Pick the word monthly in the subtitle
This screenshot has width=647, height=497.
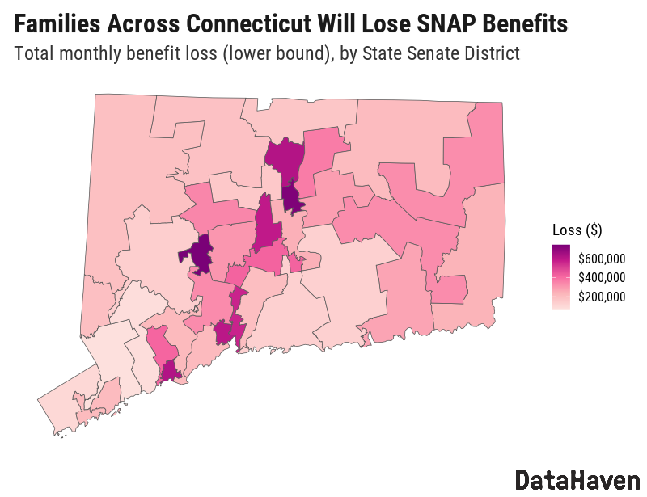tap(94, 55)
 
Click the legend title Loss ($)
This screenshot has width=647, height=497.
tap(577, 230)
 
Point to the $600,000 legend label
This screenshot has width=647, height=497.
tap(602, 259)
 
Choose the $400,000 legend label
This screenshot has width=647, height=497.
tap(602, 278)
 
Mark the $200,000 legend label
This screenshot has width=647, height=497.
tap(602, 297)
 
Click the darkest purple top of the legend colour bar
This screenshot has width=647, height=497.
tap(560, 246)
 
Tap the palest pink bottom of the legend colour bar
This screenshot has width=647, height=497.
tap(560, 306)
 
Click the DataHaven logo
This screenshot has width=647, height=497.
tap(577, 479)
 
